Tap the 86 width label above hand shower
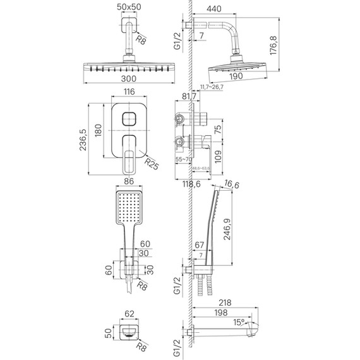point(130,181)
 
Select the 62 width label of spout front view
point(129,313)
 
